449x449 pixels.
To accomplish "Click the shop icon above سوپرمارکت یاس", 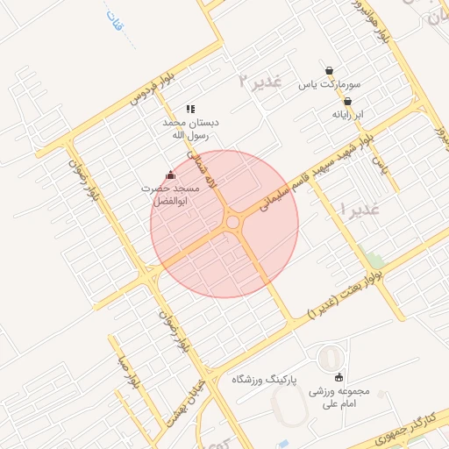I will pos(329,71).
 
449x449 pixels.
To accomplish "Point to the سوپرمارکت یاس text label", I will pos(330,86).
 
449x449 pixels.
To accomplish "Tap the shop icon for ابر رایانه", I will pos(348,101).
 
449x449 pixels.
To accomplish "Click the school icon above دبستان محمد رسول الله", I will pos(189,110).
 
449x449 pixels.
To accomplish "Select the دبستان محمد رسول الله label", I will pos(191,130).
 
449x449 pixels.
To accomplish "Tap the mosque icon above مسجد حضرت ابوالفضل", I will pos(170,175).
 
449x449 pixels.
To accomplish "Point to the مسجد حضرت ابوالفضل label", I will pos(172,195).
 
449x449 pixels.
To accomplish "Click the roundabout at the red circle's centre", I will pos(232,224).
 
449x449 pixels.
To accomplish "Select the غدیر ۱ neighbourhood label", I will pos(359,210).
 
